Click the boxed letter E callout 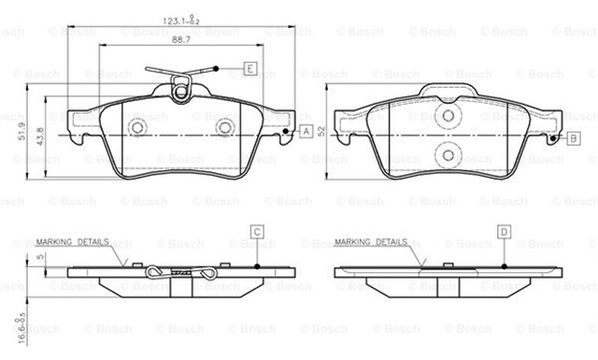pyautogui.click(x=250, y=67)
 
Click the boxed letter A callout pyautogui.click(x=306, y=132)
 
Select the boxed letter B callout pyautogui.click(x=573, y=138)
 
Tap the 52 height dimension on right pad pyautogui.click(x=320, y=131)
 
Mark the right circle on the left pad pyautogui.click(x=224, y=128)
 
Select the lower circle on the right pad pyautogui.click(x=448, y=154)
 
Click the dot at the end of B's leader pyautogui.click(x=552, y=139)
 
